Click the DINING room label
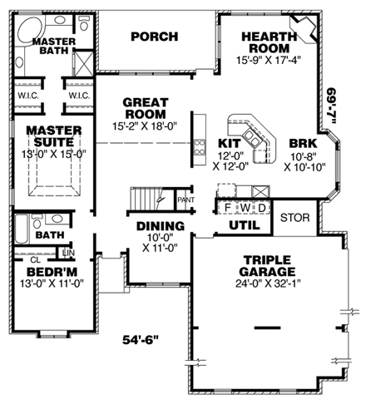(x=160, y=226)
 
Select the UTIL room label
(x=244, y=224)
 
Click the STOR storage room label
(x=295, y=218)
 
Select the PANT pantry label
(x=188, y=200)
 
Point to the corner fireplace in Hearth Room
(x=308, y=29)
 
